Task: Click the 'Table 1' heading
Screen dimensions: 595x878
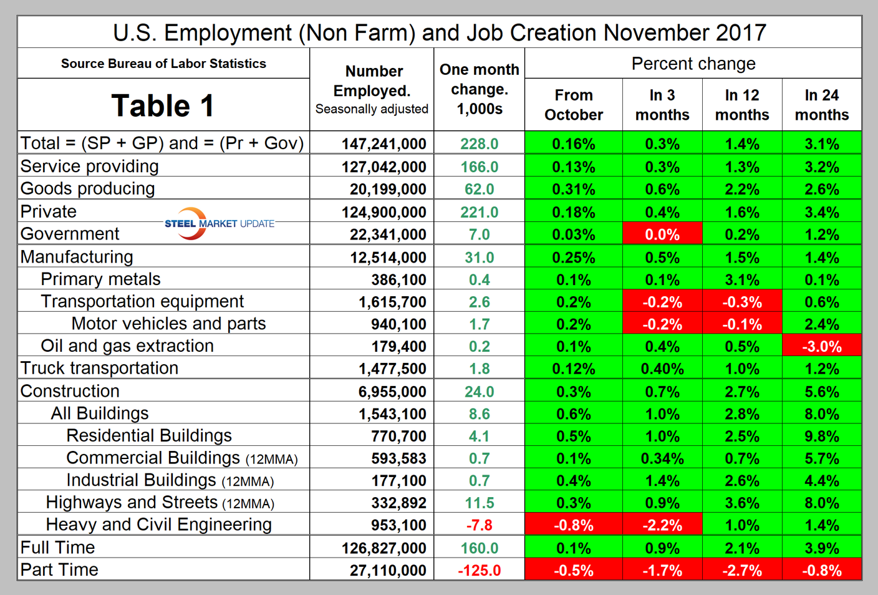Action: [x=163, y=105]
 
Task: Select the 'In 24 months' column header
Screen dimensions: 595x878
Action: [x=821, y=105]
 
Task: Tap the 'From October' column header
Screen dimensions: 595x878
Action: [x=573, y=105]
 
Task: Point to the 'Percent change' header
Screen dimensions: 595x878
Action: [x=693, y=64]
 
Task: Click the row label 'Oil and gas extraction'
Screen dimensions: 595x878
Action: [x=127, y=346]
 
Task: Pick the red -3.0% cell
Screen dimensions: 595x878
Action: [x=821, y=347]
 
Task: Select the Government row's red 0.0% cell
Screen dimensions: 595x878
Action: [x=662, y=235]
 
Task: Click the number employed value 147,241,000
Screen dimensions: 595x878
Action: [x=384, y=144]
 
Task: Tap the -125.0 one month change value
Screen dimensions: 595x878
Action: [x=479, y=571]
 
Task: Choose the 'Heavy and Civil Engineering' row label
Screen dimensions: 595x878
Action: [x=158, y=525]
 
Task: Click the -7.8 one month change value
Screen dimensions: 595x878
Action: [x=479, y=526]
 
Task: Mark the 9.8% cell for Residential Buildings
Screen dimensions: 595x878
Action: [x=821, y=437]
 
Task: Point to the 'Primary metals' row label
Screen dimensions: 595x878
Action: [x=100, y=279]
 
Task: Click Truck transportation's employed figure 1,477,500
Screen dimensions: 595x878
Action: [x=392, y=369]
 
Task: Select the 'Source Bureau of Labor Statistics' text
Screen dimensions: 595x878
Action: [x=163, y=64]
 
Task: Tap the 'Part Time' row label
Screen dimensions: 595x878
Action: [x=59, y=570]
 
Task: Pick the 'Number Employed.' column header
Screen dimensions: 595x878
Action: [x=372, y=81]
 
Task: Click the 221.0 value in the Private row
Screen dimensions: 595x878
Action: [x=479, y=213]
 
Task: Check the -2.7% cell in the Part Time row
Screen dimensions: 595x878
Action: [x=741, y=571]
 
